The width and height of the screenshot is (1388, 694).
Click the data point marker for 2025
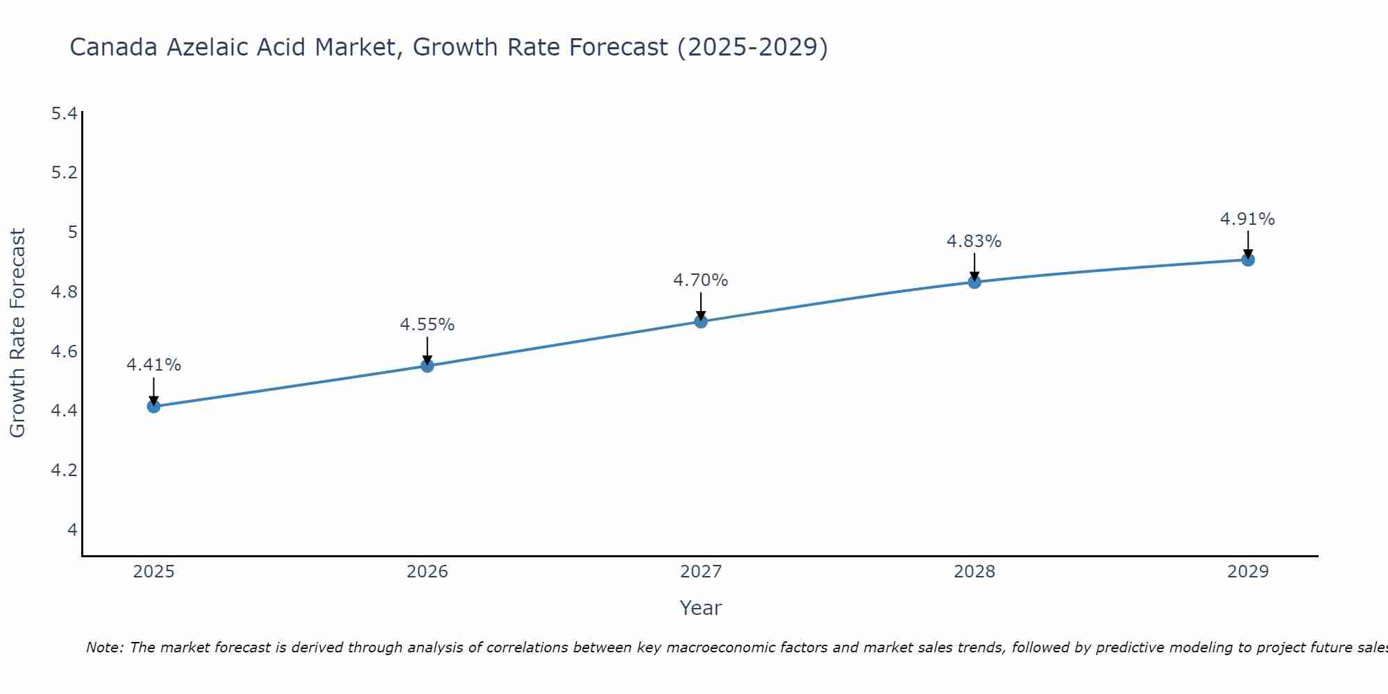(153, 406)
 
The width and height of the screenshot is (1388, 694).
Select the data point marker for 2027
(700, 321)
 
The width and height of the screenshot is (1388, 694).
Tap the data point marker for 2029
(1248, 260)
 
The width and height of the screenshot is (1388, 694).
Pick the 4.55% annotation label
(427, 325)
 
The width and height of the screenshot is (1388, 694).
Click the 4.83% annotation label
(974, 242)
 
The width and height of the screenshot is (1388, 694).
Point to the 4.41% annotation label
(153, 365)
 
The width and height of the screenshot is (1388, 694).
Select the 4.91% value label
(1247, 219)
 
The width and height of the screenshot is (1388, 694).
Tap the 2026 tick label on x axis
(427, 572)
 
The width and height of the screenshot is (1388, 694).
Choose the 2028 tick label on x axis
(974, 572)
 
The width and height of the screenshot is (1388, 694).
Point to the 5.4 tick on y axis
(64, 113)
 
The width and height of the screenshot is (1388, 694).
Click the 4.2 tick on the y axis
(64, 471)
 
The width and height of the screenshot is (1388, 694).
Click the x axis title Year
(700, 608)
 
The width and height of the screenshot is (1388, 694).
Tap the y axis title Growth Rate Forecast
(17, 333)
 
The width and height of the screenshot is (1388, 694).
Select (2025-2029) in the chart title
(752, 47)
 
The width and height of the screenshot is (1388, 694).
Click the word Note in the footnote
(104, 648)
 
